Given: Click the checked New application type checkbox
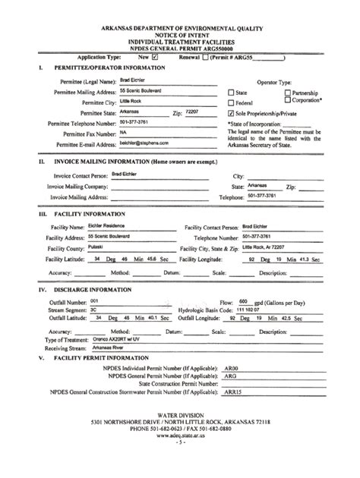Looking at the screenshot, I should (x=155, y=56).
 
